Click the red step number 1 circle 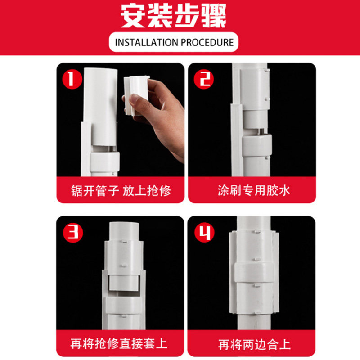(x=72, y=79)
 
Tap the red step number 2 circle (x=204, y=79)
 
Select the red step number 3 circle (x=73, y=232)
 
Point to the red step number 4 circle (x=204, y=232)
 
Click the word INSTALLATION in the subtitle (x=147, y=42)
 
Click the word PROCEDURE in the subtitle (x=207, y=42)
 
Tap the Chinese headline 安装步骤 (x=174, y=16)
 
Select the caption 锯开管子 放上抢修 (x=121, y=191)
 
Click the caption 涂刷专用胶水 (x=254, y=190)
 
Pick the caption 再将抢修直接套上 (x=119, y=344)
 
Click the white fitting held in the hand (x=136, y=95)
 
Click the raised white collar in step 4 (x=254, y=273)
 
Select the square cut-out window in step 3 (x=124, y=283)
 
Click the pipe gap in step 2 (x=258, y=131)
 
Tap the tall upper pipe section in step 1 (x=100, y=107)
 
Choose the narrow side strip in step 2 (x=237, y=140)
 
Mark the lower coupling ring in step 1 (x=104, y=162)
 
